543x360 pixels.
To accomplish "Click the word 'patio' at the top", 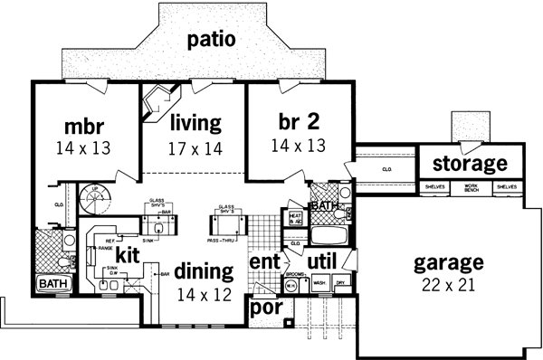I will (x=212, y=40).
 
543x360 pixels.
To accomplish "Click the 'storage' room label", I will (x=469, y=164).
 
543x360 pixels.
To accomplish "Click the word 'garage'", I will (x=448, y=264).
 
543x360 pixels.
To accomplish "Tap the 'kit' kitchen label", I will (x=127, y=256).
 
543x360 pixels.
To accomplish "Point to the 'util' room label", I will (x=323, y=262).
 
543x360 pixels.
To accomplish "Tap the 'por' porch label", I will (x=269, y=308).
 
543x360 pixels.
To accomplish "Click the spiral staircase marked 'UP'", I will (x=94, y=197).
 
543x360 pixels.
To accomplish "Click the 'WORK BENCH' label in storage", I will (x=469, y=186).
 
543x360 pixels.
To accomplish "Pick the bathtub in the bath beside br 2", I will (x=326, y=236).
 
